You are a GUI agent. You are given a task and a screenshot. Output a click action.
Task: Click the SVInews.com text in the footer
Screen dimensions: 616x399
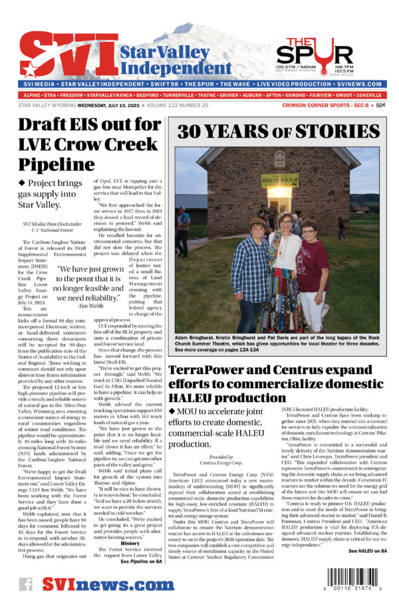tap(103, 585)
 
